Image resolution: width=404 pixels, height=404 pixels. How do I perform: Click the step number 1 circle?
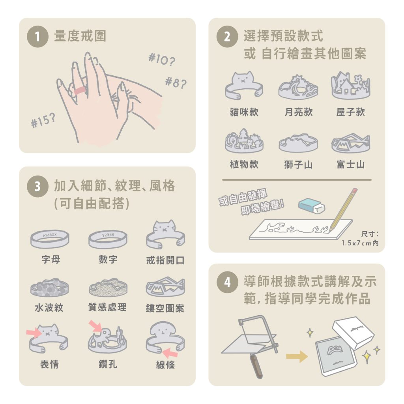click(x=37, y=37)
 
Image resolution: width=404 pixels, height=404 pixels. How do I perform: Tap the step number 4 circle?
click(x=227, y=282)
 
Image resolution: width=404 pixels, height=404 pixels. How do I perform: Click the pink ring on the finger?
click(x=80, y=91)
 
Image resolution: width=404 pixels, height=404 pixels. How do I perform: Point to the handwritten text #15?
click(x=43, y=120)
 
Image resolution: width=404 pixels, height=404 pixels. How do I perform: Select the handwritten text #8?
click(x=176, y=82)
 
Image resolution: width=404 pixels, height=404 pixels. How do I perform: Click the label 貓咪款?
click(x=244, y=112)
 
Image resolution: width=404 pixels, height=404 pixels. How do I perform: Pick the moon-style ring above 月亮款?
click(x=298, y=87)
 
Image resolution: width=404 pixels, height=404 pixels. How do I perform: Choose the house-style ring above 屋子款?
click(x=351, y=86)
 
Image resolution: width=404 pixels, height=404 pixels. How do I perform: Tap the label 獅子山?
click(x=298, y=165)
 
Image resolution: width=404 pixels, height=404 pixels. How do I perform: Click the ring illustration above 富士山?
click(x=351, y=143)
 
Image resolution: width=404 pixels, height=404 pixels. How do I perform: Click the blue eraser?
click(x=312, y=206)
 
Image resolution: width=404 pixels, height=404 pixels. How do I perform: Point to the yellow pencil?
click(x=343, y=209)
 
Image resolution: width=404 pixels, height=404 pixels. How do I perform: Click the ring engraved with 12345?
click(x=108, y=239)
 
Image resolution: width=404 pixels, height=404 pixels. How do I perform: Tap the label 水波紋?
click(x=49, y=307)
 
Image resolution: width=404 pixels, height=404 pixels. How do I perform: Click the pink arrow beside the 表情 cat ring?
click(x=34, y=332)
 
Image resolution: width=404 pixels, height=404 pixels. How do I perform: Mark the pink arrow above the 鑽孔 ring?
click(x=95, y=326)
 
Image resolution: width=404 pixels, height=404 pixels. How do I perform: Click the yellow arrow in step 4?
click(x=297, y=357)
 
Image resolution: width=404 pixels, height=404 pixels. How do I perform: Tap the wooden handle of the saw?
click(x=256, y=366)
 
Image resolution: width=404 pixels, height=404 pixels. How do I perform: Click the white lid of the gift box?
click(x=353, y=333)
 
